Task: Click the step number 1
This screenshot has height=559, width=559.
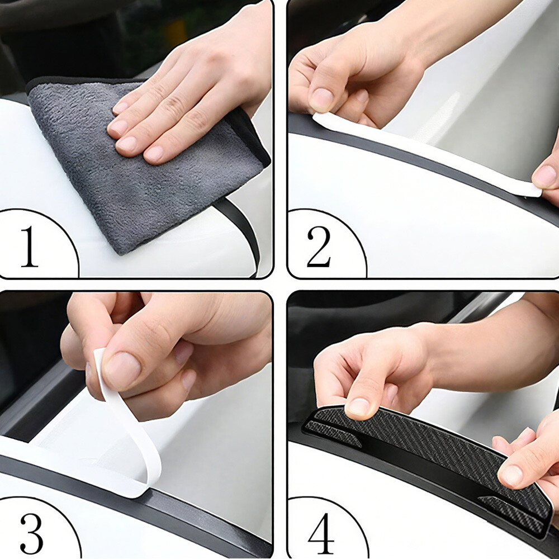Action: (30, 247)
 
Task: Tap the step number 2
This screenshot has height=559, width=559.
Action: (319, 247)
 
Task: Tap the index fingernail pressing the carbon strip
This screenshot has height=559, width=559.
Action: (359, 407)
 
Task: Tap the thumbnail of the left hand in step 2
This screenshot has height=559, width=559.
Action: (322, 100)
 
